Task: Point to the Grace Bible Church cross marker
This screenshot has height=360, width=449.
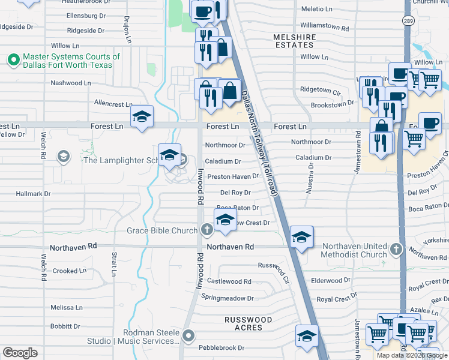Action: click(206, 230)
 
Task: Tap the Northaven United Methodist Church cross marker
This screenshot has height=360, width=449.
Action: click(395, 248)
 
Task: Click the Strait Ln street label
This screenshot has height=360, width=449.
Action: click(113, 265)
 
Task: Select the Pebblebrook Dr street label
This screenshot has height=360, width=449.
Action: click(221, 347)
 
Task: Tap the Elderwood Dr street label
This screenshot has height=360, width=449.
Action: click(330, 280)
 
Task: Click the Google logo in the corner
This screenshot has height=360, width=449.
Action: click(20, 353)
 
